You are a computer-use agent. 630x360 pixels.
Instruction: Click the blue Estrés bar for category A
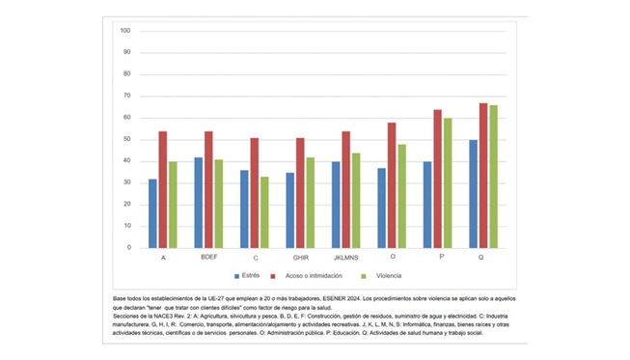point(152,213)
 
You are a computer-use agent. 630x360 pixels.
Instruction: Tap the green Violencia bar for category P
point(448,183)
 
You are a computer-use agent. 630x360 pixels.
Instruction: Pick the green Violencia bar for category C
point(265,212)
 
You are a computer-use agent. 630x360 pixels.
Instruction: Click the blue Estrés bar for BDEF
point(198,203)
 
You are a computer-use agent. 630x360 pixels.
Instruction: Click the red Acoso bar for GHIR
point(300,193)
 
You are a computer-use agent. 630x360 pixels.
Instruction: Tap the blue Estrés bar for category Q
point(473,194)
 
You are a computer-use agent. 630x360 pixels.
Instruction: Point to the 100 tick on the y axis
point(124,31)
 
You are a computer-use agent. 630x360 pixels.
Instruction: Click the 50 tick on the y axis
point(125,139)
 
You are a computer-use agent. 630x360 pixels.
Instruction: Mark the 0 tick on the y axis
point(128,248)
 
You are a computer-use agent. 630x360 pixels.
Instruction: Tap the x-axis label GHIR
point(300,259)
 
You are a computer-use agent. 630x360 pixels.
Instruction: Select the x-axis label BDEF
point(208,259)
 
